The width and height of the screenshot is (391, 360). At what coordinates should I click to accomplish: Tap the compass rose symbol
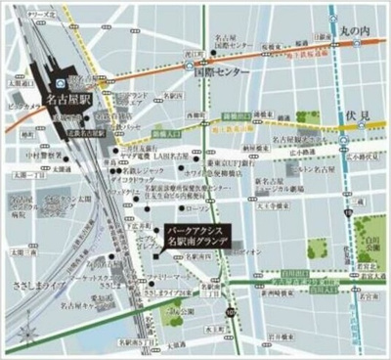pyautogui.click(x=367, y=16)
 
